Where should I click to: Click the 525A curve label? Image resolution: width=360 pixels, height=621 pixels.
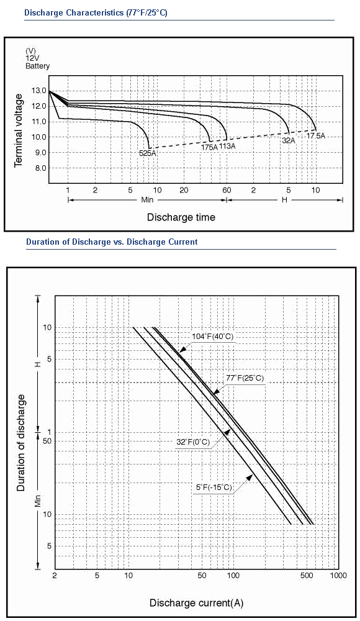147,153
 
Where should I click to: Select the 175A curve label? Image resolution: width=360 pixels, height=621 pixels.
210,147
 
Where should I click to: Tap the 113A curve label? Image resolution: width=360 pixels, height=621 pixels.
227,146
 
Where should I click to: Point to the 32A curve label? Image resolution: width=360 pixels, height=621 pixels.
289,139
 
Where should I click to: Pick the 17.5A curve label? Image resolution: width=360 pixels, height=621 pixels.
316,136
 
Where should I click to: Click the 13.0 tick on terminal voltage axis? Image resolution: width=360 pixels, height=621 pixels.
39,91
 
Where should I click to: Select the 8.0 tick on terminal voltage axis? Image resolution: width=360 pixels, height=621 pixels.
39,168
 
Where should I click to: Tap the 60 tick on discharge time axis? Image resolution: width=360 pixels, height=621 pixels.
227,190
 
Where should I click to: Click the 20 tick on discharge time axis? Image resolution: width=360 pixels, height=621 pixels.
184,190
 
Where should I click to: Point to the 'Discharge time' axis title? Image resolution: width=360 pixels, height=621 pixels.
181,217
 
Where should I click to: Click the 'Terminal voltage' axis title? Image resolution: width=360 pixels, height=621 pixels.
19,130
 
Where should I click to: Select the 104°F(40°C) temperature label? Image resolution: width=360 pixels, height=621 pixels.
213,337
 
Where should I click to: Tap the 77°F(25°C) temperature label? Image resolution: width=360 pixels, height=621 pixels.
245,378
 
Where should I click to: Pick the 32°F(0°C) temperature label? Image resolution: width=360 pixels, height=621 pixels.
193,442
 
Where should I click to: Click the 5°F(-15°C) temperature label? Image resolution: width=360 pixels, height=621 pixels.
214,487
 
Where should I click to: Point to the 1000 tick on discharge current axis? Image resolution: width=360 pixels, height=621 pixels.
338,575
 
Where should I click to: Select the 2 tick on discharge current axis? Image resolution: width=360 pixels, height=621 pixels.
55,575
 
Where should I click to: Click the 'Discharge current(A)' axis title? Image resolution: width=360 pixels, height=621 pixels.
196,603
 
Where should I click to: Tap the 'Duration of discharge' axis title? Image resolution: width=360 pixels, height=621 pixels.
20,443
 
